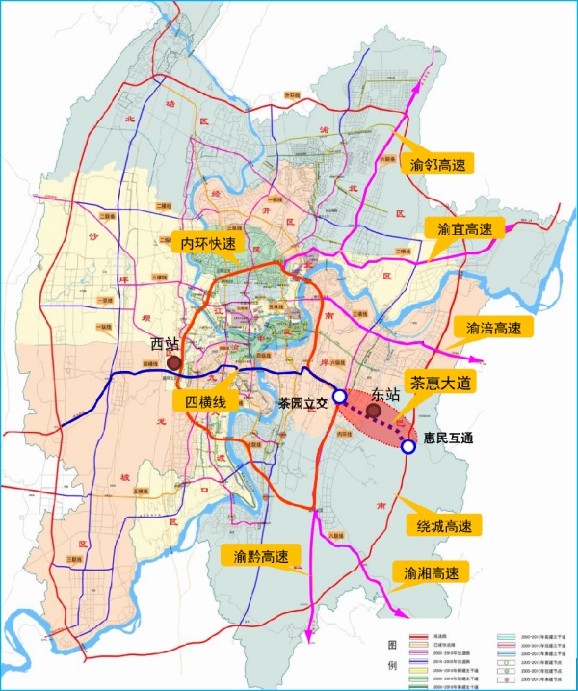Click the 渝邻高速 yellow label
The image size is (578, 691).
436,166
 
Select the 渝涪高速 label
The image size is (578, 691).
493,329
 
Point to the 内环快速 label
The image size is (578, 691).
209,245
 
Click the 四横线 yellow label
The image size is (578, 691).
201,401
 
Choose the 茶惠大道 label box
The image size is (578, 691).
441,382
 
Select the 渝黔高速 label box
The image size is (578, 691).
260,556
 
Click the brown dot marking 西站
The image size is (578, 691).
174,362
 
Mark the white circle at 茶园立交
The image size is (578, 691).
340,398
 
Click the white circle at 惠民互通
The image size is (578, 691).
408,446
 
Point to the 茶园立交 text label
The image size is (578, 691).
302,402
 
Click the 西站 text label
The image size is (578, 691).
166,344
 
